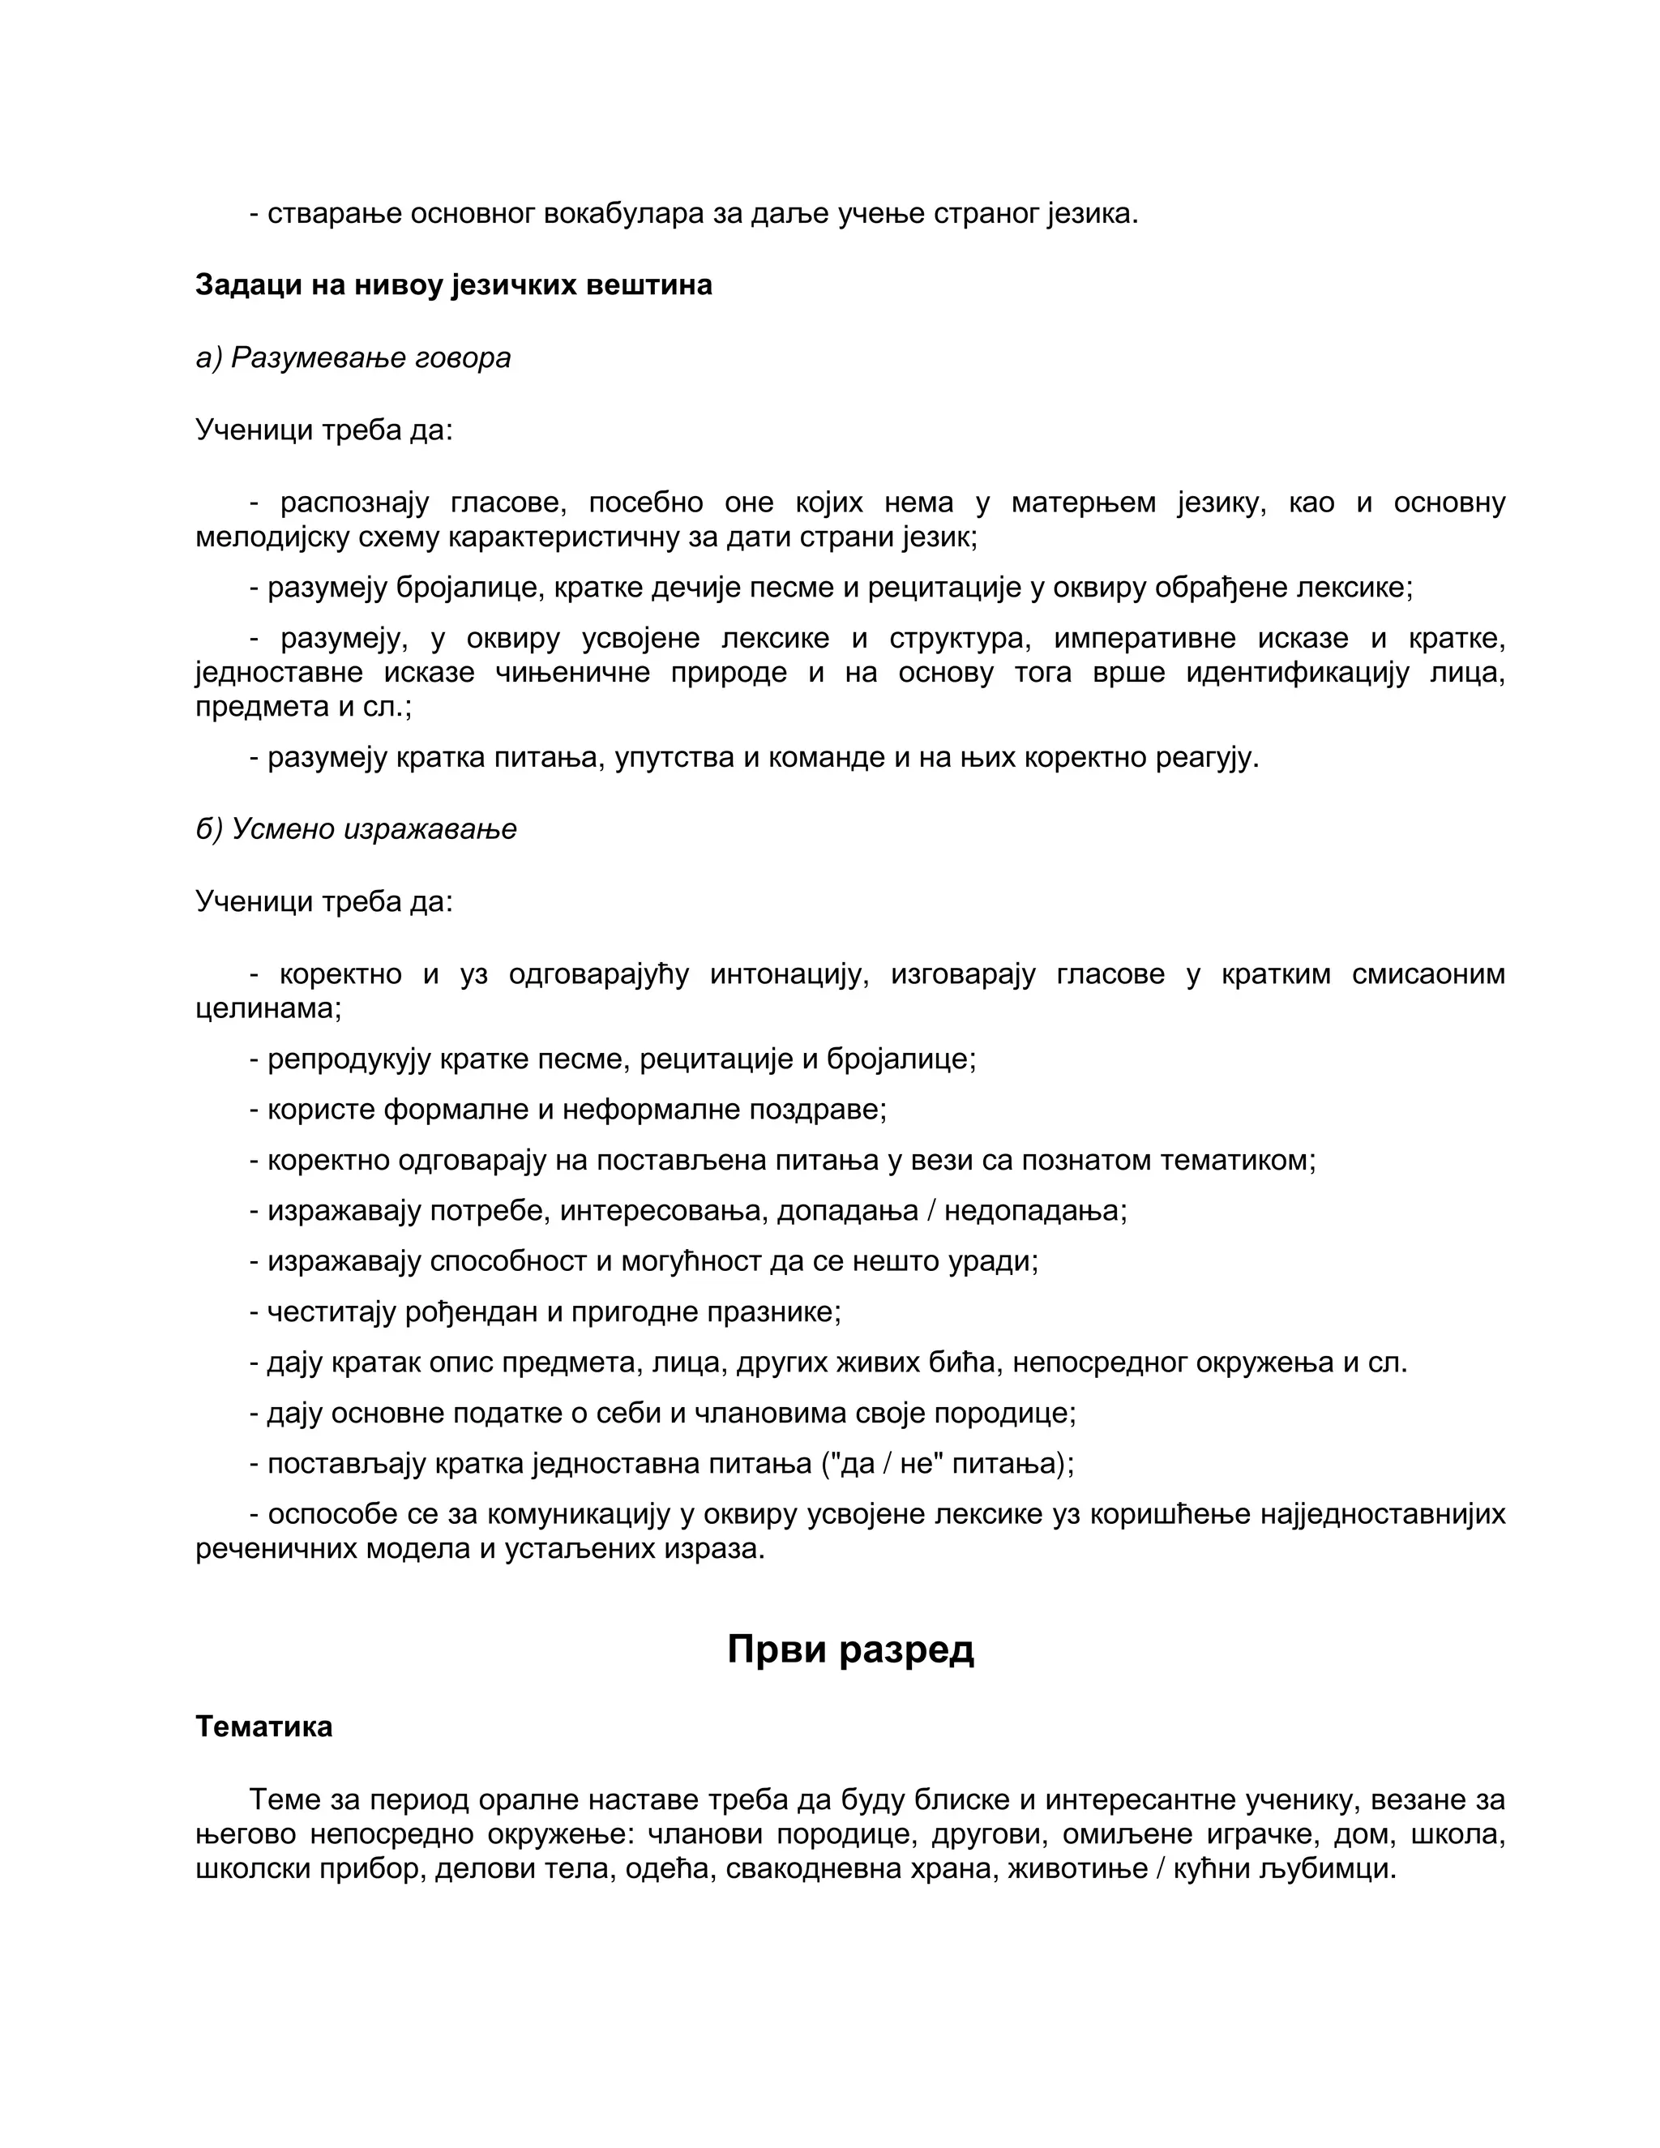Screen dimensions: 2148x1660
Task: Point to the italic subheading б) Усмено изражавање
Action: pos(356,829)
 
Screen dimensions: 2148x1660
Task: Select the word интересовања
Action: pos(664,1211)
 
